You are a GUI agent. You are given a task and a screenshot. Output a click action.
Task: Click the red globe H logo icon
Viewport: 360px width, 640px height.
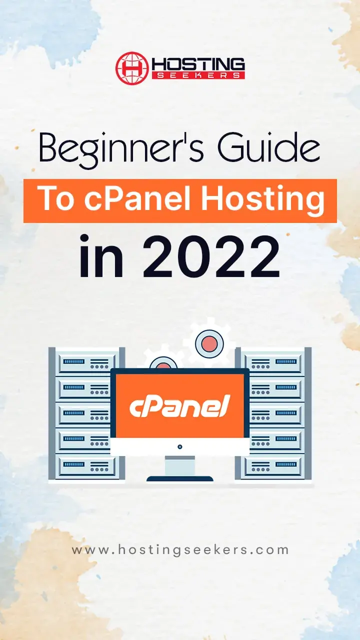(x=132, y=68)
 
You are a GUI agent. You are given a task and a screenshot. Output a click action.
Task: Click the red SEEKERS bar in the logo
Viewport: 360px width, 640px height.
(x=198, y=75)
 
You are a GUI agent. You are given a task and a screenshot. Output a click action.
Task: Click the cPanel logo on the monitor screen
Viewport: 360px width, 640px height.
(x=179, y=405)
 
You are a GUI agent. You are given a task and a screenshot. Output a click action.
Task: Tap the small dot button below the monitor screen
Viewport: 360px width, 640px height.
(x=179, y=446)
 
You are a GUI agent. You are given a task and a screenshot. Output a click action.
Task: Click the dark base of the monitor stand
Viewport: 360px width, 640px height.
(x=179, y=478)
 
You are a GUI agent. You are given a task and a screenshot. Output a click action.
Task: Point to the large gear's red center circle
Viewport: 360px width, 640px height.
(x=209, y=343)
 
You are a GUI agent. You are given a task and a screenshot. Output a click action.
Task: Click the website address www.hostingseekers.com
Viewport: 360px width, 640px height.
(x=180, y=550)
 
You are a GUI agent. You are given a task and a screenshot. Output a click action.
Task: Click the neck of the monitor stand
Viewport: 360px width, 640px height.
(x=179, y=465)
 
